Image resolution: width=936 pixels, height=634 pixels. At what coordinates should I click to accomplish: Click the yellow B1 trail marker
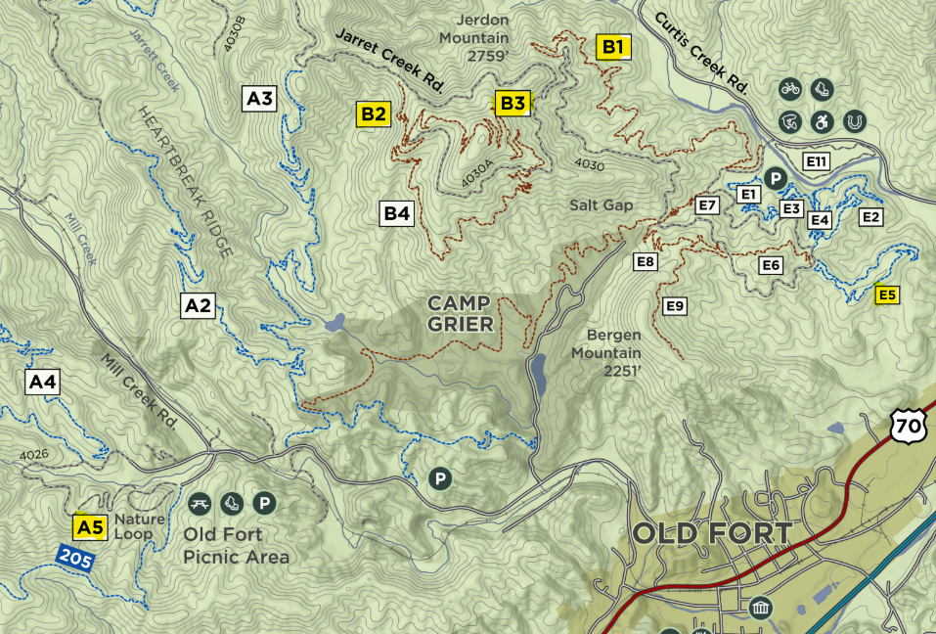(x=615, y=46)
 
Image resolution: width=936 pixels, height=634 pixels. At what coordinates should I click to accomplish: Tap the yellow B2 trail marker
(x=374, y=113)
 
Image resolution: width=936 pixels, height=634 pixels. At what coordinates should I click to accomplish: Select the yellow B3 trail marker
(x=513, y=103)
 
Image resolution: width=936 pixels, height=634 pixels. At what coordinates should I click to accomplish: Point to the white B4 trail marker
(x=396, y=213)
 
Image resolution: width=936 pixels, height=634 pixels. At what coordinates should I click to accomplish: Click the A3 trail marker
(x=259, y=98)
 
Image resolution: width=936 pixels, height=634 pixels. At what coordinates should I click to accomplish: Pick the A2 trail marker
(x=198, y=306)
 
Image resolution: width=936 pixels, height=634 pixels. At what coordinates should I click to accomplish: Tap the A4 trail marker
(x=42, y=382)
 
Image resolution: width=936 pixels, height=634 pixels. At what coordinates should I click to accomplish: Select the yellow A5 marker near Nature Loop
(x=90, y=528)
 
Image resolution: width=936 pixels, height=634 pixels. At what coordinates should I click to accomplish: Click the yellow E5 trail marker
(x=887, y=294)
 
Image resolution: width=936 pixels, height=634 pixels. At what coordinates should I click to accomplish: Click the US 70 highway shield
(x=907, y=424)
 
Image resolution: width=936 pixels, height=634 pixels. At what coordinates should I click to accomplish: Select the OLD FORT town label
(x=712, y=534)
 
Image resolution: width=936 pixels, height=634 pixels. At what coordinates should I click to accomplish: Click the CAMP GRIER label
(x=460, y=314)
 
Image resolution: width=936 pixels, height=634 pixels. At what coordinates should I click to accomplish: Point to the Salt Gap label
(x=602, y=204)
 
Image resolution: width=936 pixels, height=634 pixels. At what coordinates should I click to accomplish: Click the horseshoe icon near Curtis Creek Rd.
(x=854, y=121)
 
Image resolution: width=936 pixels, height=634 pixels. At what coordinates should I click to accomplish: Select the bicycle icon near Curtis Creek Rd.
(x=790, y=89)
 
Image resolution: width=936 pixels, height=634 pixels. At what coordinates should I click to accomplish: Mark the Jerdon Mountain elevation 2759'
(x=487, y=56)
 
